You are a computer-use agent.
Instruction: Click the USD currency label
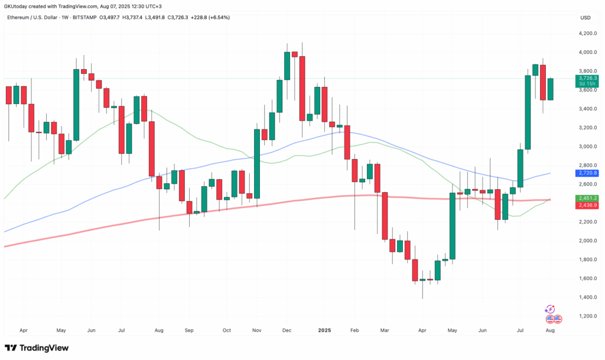(586, 18)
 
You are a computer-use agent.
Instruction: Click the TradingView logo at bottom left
(37, 348)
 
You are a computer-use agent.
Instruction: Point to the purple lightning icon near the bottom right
(550, 309)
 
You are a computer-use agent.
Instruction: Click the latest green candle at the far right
(550, 89)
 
